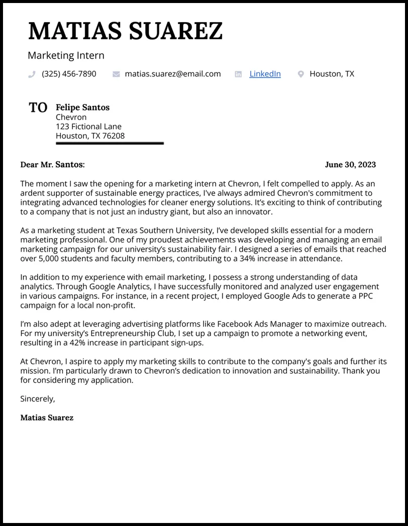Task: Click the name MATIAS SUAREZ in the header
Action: (x=125, y=31)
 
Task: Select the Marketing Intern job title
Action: (x=66, y=55)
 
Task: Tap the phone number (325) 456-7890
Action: (x=69, y=74)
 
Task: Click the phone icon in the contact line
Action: (x=32, y=74)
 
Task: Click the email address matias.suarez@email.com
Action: (x=172, y=74)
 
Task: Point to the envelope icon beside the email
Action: (x=116, y=74)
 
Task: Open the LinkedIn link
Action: (x=265, y=74)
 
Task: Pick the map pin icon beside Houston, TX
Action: (x=300, y=74)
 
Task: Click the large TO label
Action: (x=38, y=108)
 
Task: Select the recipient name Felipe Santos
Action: (x=82, y=107)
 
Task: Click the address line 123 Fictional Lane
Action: (x=88, y=127)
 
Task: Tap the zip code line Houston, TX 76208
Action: (x=90, y=136)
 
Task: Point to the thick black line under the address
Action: (x=110, y=143)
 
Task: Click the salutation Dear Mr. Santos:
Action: (x=52, y=164)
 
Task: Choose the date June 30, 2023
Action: (x=350, y=164)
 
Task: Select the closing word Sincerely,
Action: (x=37, y=398)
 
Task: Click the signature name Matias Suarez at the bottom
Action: (x=47, y=417)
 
